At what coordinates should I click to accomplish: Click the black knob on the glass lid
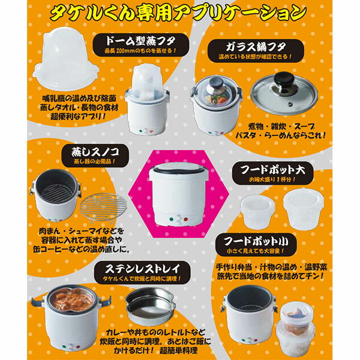(x=284, y=79)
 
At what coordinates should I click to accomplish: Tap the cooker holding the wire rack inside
(x=55, y=196)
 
